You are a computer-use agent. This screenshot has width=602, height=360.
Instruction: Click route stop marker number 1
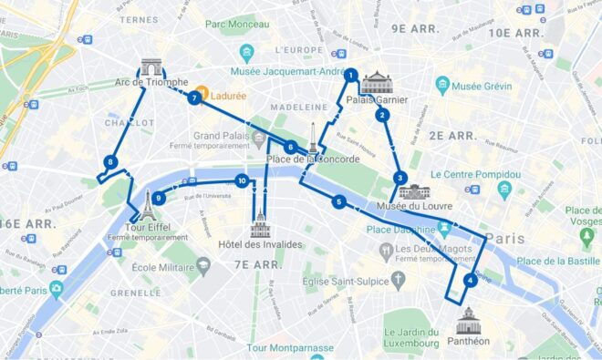point(350,76)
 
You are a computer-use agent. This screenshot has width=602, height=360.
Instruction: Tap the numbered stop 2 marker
point(383,115)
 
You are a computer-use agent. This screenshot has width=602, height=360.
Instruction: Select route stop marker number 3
point(400,178)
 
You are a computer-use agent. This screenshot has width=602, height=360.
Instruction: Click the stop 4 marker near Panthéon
point(470,281)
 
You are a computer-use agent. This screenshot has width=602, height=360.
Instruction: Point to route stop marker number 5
point(338,202)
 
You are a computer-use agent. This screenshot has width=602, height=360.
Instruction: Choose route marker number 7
point(194,98)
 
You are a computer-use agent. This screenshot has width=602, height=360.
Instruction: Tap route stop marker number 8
point(110,163)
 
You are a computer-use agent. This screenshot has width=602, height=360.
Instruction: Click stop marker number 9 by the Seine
point(159,197)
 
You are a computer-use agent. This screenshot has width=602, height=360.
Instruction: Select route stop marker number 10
point(242,181)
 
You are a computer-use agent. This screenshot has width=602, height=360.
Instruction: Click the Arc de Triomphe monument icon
point(150,68)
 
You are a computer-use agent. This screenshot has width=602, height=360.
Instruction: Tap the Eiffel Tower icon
point(146,204)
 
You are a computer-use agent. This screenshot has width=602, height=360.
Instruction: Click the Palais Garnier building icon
point(376,83)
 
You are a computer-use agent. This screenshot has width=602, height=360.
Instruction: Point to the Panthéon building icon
point(468,320)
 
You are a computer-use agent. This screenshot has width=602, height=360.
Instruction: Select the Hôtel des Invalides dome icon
point(261,223)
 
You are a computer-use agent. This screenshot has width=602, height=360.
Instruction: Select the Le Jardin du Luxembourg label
point(411,336)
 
